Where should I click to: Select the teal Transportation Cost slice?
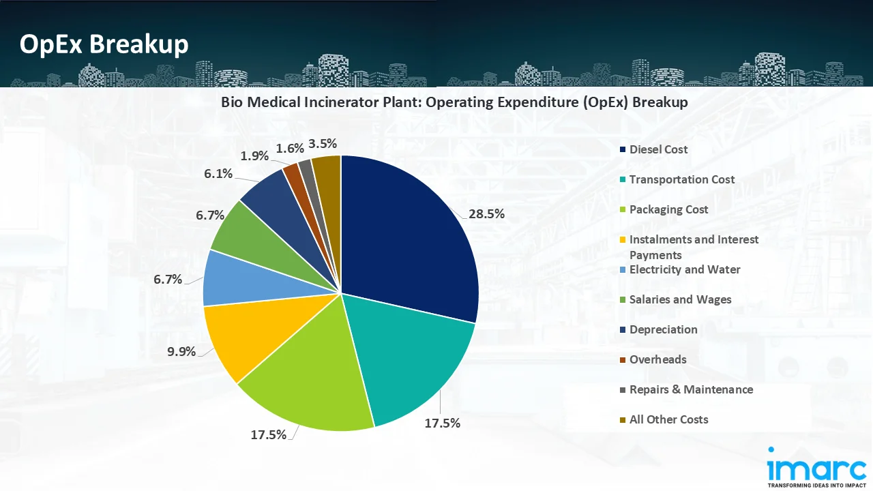pos(409,361)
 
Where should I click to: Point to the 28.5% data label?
pos(486,213)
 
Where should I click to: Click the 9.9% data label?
pos(181,352)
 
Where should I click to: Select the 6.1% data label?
pos(218,174)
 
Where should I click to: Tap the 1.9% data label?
pos(254,155)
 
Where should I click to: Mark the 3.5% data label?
pos(323,144)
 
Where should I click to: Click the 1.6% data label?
pos(290,148)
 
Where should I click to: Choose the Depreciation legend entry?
pos(663,329)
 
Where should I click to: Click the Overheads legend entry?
pos(657,359)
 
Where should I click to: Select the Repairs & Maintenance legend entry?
pos(691,389)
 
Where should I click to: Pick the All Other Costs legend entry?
pos(668,419)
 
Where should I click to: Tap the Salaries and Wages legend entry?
pos(680,299)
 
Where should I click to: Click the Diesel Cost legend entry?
pos(658,149)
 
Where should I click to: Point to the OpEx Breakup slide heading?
pos(104,44)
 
